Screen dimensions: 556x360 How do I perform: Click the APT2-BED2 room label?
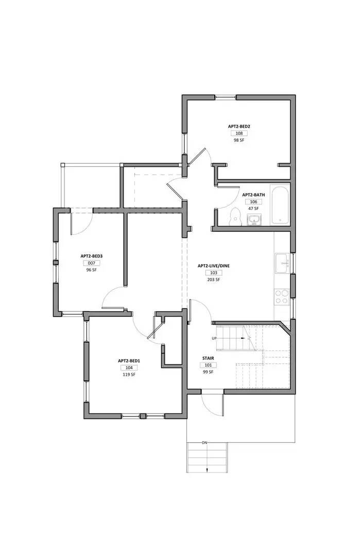(x=239, y=126)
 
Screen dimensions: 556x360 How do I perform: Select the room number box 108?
(x=239, y=133)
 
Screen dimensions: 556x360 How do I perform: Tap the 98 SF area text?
(x=239, y=140)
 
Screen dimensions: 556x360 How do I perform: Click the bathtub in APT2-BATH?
(x=280, y=205)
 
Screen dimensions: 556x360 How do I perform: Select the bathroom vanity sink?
(x=253, y=220)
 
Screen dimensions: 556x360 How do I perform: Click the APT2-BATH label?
(x=253, y=195)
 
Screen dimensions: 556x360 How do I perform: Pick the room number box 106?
(x=253, y=202)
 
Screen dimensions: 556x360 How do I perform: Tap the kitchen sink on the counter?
(x=282, y=263)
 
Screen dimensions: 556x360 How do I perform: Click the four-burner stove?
(x=282, y=296)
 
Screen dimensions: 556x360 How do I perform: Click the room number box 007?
(x=92, y=263)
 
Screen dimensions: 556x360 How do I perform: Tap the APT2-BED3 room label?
(x=92, y=256)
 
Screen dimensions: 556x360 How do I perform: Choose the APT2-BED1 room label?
(x=129, y=361)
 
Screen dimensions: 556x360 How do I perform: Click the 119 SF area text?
(x=129, y=375)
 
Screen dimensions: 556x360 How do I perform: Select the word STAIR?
(x=208, y=358)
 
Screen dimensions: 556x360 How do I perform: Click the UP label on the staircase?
(x=214, y=338)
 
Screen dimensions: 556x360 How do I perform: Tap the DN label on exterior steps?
(x=204, y=443)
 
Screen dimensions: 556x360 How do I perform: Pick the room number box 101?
(x=208, y=365)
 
